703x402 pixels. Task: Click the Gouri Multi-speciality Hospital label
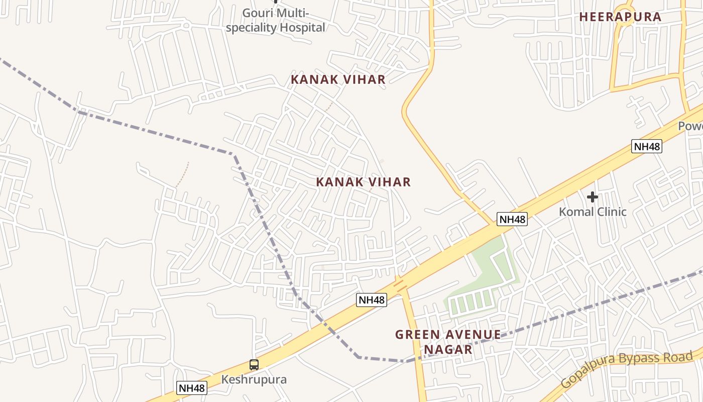[275, 20]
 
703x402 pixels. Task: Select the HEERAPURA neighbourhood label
[620, 17]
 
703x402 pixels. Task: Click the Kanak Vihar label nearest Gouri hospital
[338, 79]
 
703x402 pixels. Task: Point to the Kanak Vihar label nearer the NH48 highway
[363, 182]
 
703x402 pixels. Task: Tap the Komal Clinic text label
[593, 212]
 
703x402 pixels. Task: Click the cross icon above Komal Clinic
[593, 197]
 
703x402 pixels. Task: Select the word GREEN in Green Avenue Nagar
[419, 335]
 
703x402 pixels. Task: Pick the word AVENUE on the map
[473, 335]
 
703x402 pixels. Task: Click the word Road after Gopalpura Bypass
[679, 357]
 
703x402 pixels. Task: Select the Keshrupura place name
[254, 379]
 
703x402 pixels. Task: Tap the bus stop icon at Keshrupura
[254, 365]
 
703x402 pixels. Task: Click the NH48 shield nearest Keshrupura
[192, 388]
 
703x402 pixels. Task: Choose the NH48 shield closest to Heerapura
[647, 147]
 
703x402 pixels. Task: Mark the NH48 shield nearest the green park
[512, 219]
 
